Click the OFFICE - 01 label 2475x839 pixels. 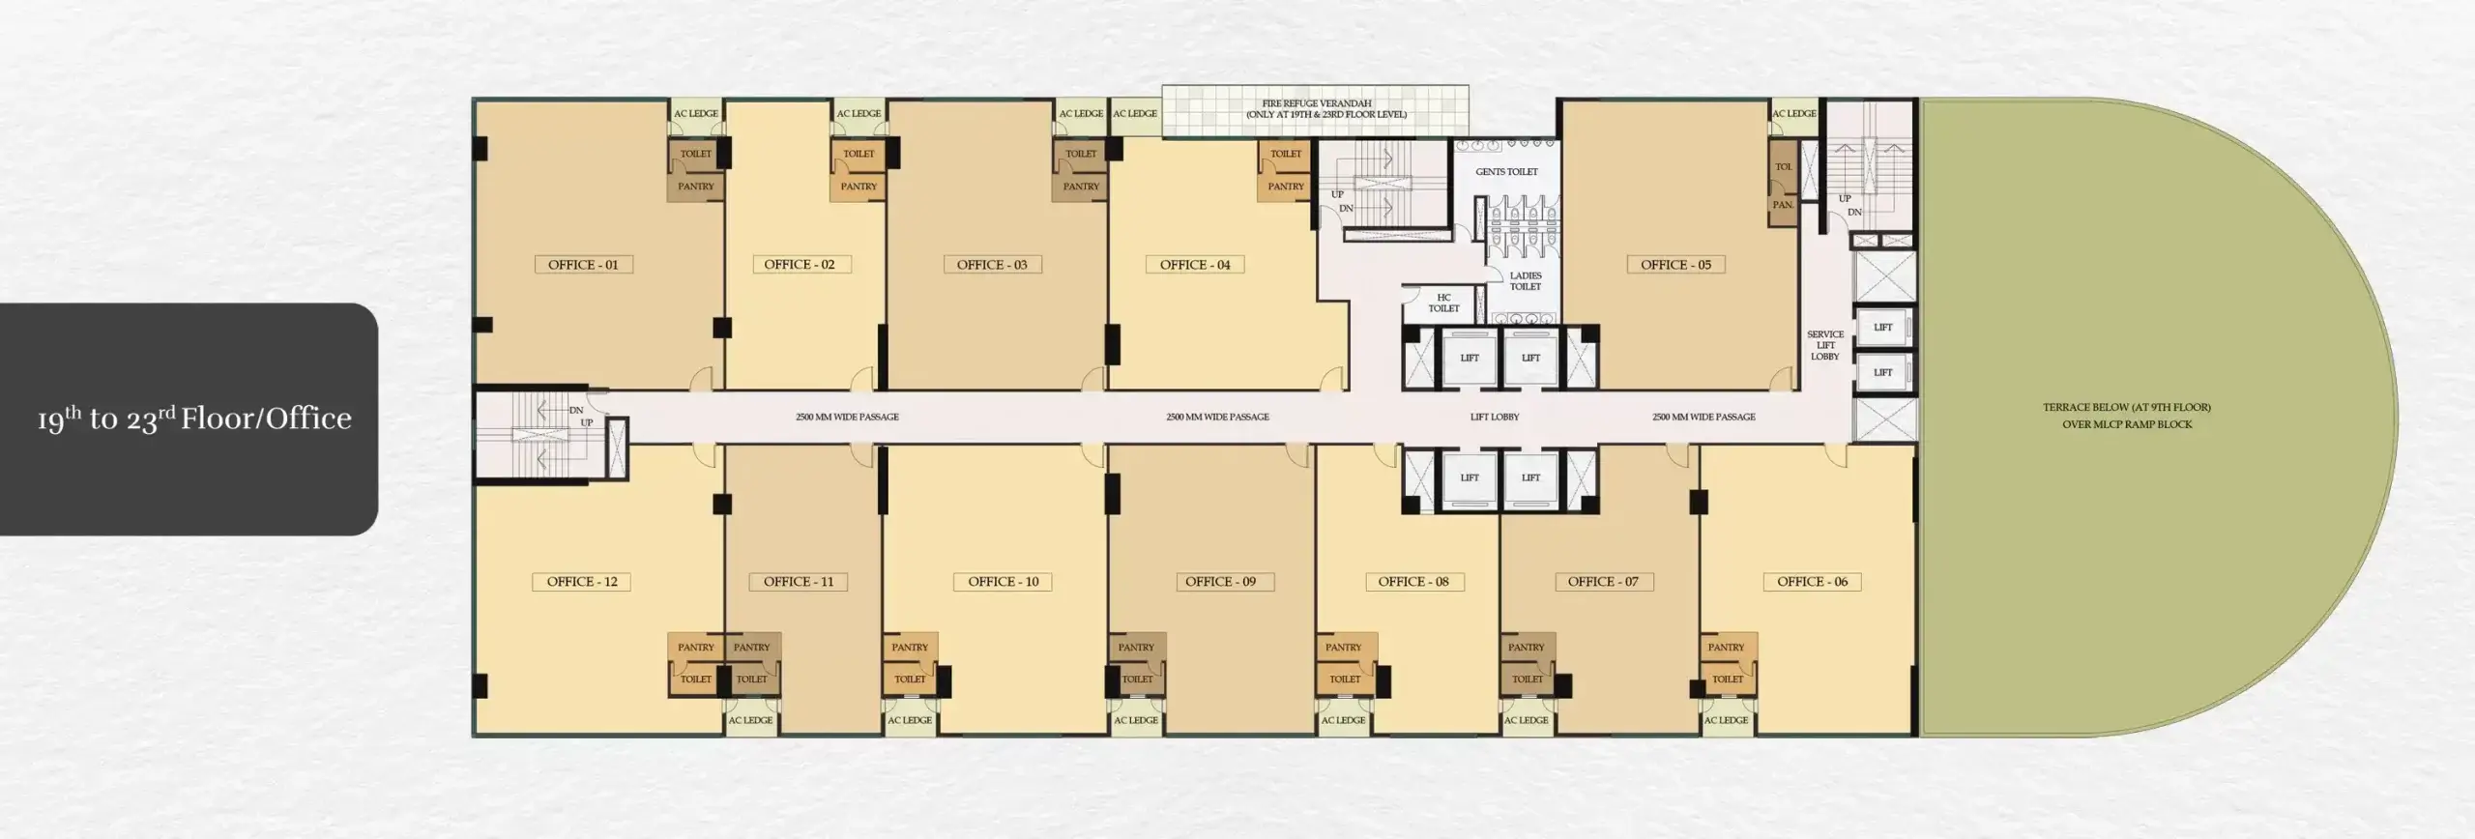tap(583, 265)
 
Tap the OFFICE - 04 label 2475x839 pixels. tap(1195, 265)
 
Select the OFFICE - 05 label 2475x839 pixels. tap(1675, 265)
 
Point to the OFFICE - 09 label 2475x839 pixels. tap(1220, 582)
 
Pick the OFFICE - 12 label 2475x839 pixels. tap(582, 582)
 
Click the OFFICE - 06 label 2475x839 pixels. tap(1812, 582)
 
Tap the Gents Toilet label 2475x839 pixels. tap(1506, 172)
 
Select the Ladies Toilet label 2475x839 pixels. tap(1526, 281)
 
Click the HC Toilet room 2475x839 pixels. tap(1443, 304)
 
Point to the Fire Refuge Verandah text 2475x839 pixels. tap(1317, 109)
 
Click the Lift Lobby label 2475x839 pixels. tap(1495, 418)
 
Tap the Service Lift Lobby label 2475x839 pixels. tap(1825, 345)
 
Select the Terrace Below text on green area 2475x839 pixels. tap(2127, 416)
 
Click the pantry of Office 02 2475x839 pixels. tap(859, 187)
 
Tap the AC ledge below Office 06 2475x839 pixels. tap(1726, 720)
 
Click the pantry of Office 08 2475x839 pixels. tap(1344, 648)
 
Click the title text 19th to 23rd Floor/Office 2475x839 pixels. tap(194, 419)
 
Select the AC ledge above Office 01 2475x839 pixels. tap(696, 114)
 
